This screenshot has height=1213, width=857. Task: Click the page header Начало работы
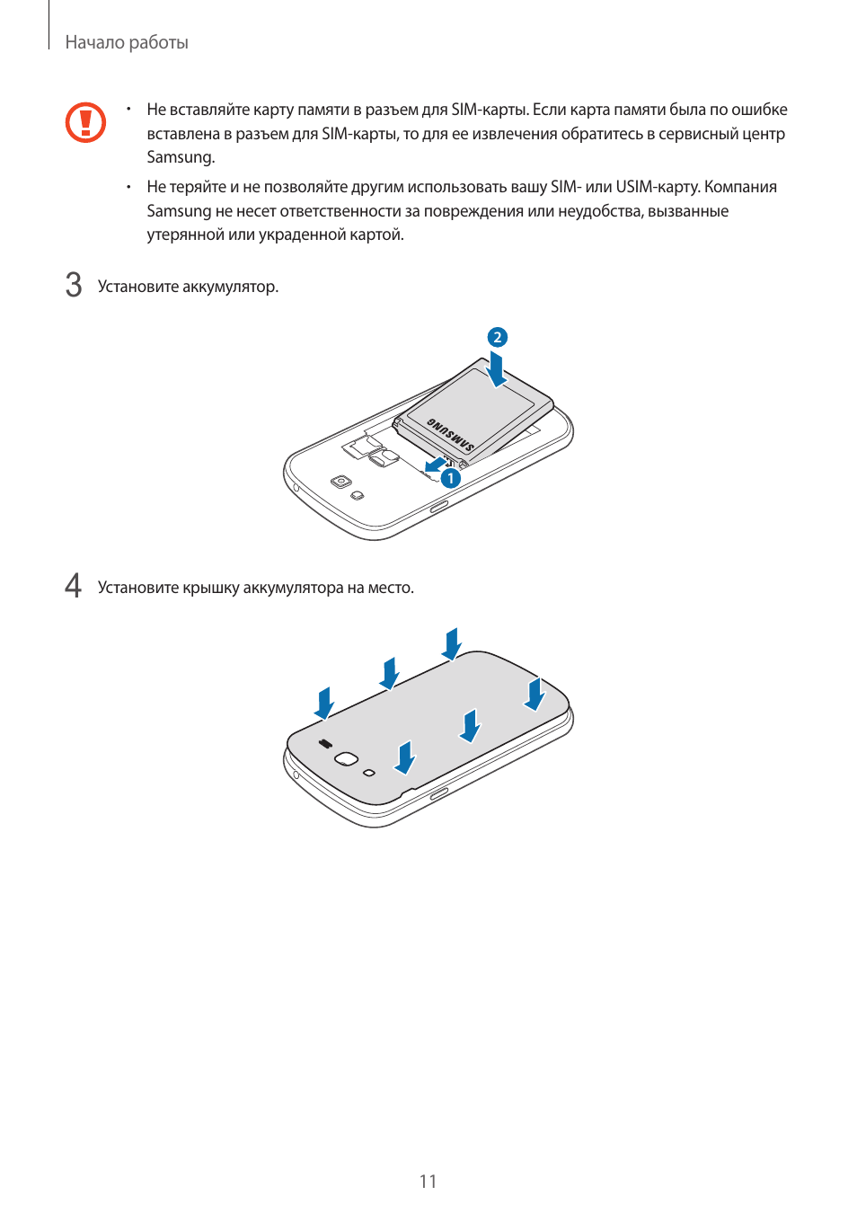tap(127, 42)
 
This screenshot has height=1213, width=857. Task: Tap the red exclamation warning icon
tap(85, 122)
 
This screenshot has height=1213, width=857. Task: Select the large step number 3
tap(74, 285)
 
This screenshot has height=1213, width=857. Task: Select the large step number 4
tap(74, 586)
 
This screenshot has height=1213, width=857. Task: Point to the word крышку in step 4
tap(211, 588)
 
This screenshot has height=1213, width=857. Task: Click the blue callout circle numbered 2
tap(498, 337)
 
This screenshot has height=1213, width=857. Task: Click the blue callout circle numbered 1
tap(450, 478)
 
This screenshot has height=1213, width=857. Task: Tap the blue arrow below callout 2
tap(496, 368)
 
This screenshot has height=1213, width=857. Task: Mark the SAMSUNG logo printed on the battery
tap(450, 434)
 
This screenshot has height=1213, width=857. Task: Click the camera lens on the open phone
tap(340, 482)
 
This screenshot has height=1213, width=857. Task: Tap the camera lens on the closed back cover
tap(346, 759)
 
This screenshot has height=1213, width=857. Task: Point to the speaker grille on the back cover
tap(325, 744)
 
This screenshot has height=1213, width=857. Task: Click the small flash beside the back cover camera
tap(368, 773)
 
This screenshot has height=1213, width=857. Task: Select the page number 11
tap(428, 1181)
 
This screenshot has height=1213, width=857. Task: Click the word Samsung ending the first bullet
tap(181, 157)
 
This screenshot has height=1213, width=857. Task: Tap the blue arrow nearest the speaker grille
tap(324, 703)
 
